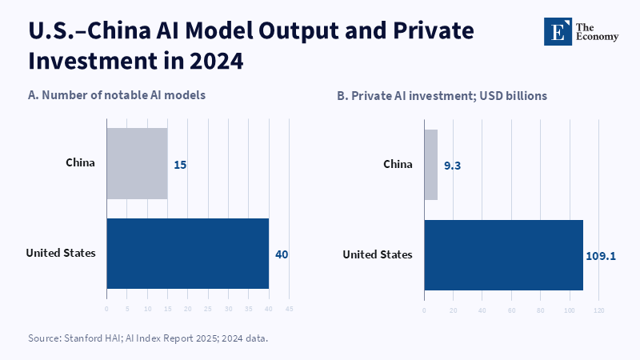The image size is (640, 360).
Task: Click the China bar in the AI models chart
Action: click(137, 164)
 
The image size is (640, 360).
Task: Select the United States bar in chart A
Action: click(188, 254)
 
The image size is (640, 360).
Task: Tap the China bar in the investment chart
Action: click(431, 165)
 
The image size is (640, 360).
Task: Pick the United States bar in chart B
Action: click(504, 255)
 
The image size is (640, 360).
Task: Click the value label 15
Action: click(180, 165)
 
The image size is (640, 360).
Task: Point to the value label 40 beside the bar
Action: click(282, 254)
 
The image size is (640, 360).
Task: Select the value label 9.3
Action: click(452, 166)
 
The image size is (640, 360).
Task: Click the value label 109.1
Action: click(601, 256)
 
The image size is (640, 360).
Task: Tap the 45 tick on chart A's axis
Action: click(289, 309)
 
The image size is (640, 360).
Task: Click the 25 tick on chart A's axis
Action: click(208, 309)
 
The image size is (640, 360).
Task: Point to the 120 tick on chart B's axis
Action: click(598, 310)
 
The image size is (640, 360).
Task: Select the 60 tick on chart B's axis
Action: click(511, 310)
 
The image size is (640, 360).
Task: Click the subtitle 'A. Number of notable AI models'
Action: click(117, 95)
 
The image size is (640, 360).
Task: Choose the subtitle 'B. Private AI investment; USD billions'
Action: click(442, 96)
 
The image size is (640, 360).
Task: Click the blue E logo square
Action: click(558, 31)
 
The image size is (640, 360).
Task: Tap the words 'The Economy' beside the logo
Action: click(597, 32)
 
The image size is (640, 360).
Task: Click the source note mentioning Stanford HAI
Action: click(148, 338)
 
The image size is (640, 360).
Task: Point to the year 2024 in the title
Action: click(216, 61)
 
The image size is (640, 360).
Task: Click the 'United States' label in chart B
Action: click(378, 254)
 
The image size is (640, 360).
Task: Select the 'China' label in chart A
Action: click(81, 162)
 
